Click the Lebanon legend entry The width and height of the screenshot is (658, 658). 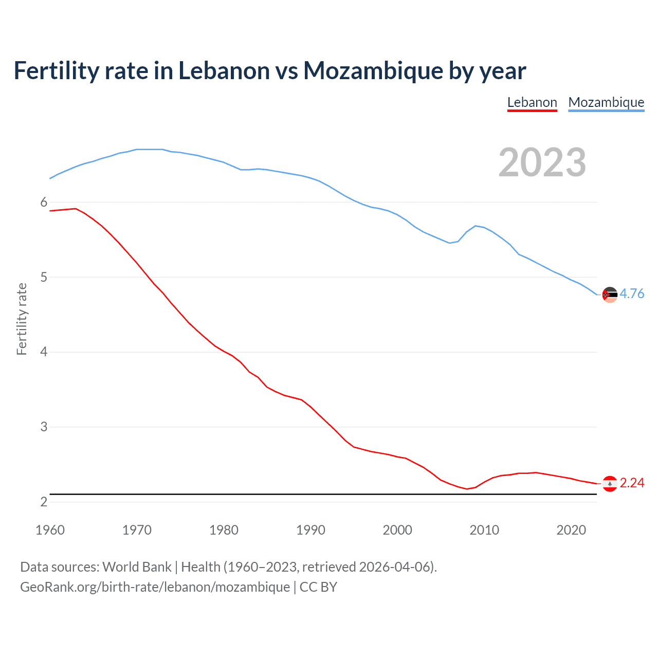(x=532, y=103)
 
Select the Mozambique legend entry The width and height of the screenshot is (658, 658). (x=606, y=103)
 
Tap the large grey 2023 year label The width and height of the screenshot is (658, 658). (x=542, y=162)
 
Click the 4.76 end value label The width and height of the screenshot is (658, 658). (x=632, y=294)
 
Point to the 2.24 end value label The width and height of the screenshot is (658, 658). (x=632, y=483)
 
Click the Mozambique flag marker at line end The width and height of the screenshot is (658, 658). (x=610, y=295)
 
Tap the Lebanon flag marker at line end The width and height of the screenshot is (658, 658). (x=610, y=484)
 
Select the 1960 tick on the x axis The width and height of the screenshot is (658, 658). (x=50, y=530)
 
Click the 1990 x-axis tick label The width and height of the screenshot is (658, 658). (x=310, y=530)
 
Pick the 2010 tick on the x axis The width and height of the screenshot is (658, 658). (x=484, y=530)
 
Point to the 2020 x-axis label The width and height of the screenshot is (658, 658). (x=571, y=530)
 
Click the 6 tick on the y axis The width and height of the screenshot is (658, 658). (x=44, y=203)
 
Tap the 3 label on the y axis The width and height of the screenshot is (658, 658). (x=44, y=427)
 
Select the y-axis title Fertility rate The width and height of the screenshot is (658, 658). (x=22, y=319)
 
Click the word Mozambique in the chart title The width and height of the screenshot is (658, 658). (x=373, y=71)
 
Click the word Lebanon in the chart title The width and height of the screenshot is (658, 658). (x=224, y=71)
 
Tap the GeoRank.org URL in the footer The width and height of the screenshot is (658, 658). (x=155, y=587)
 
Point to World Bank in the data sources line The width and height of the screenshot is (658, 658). (x=137, y=567)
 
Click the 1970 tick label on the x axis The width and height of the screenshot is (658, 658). (x=137, y=530)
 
